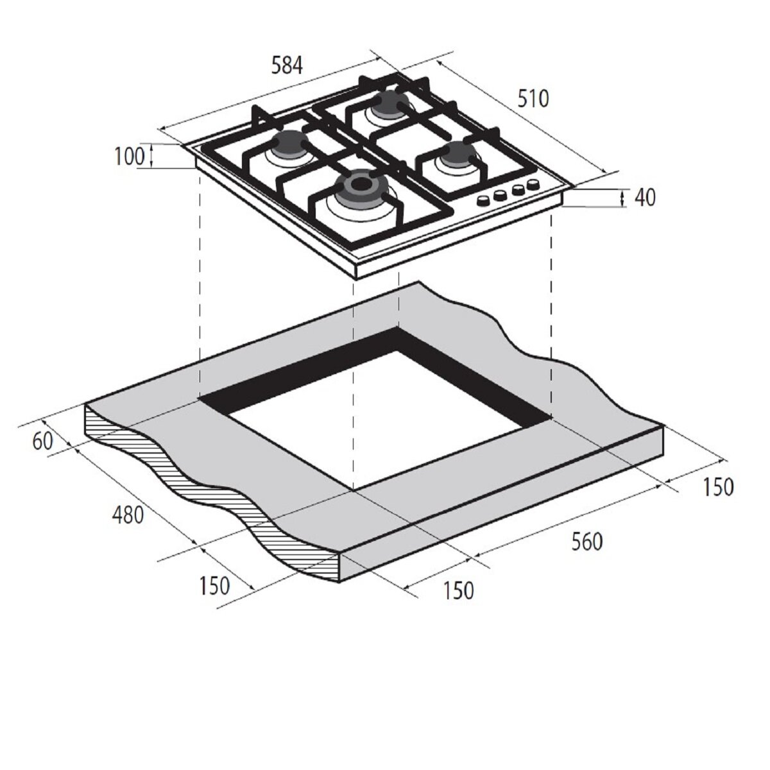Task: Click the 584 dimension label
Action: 286,65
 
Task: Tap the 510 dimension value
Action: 533,99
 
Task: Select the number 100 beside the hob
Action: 129,156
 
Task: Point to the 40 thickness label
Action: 645,198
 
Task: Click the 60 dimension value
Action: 43,441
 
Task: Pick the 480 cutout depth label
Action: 128,515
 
